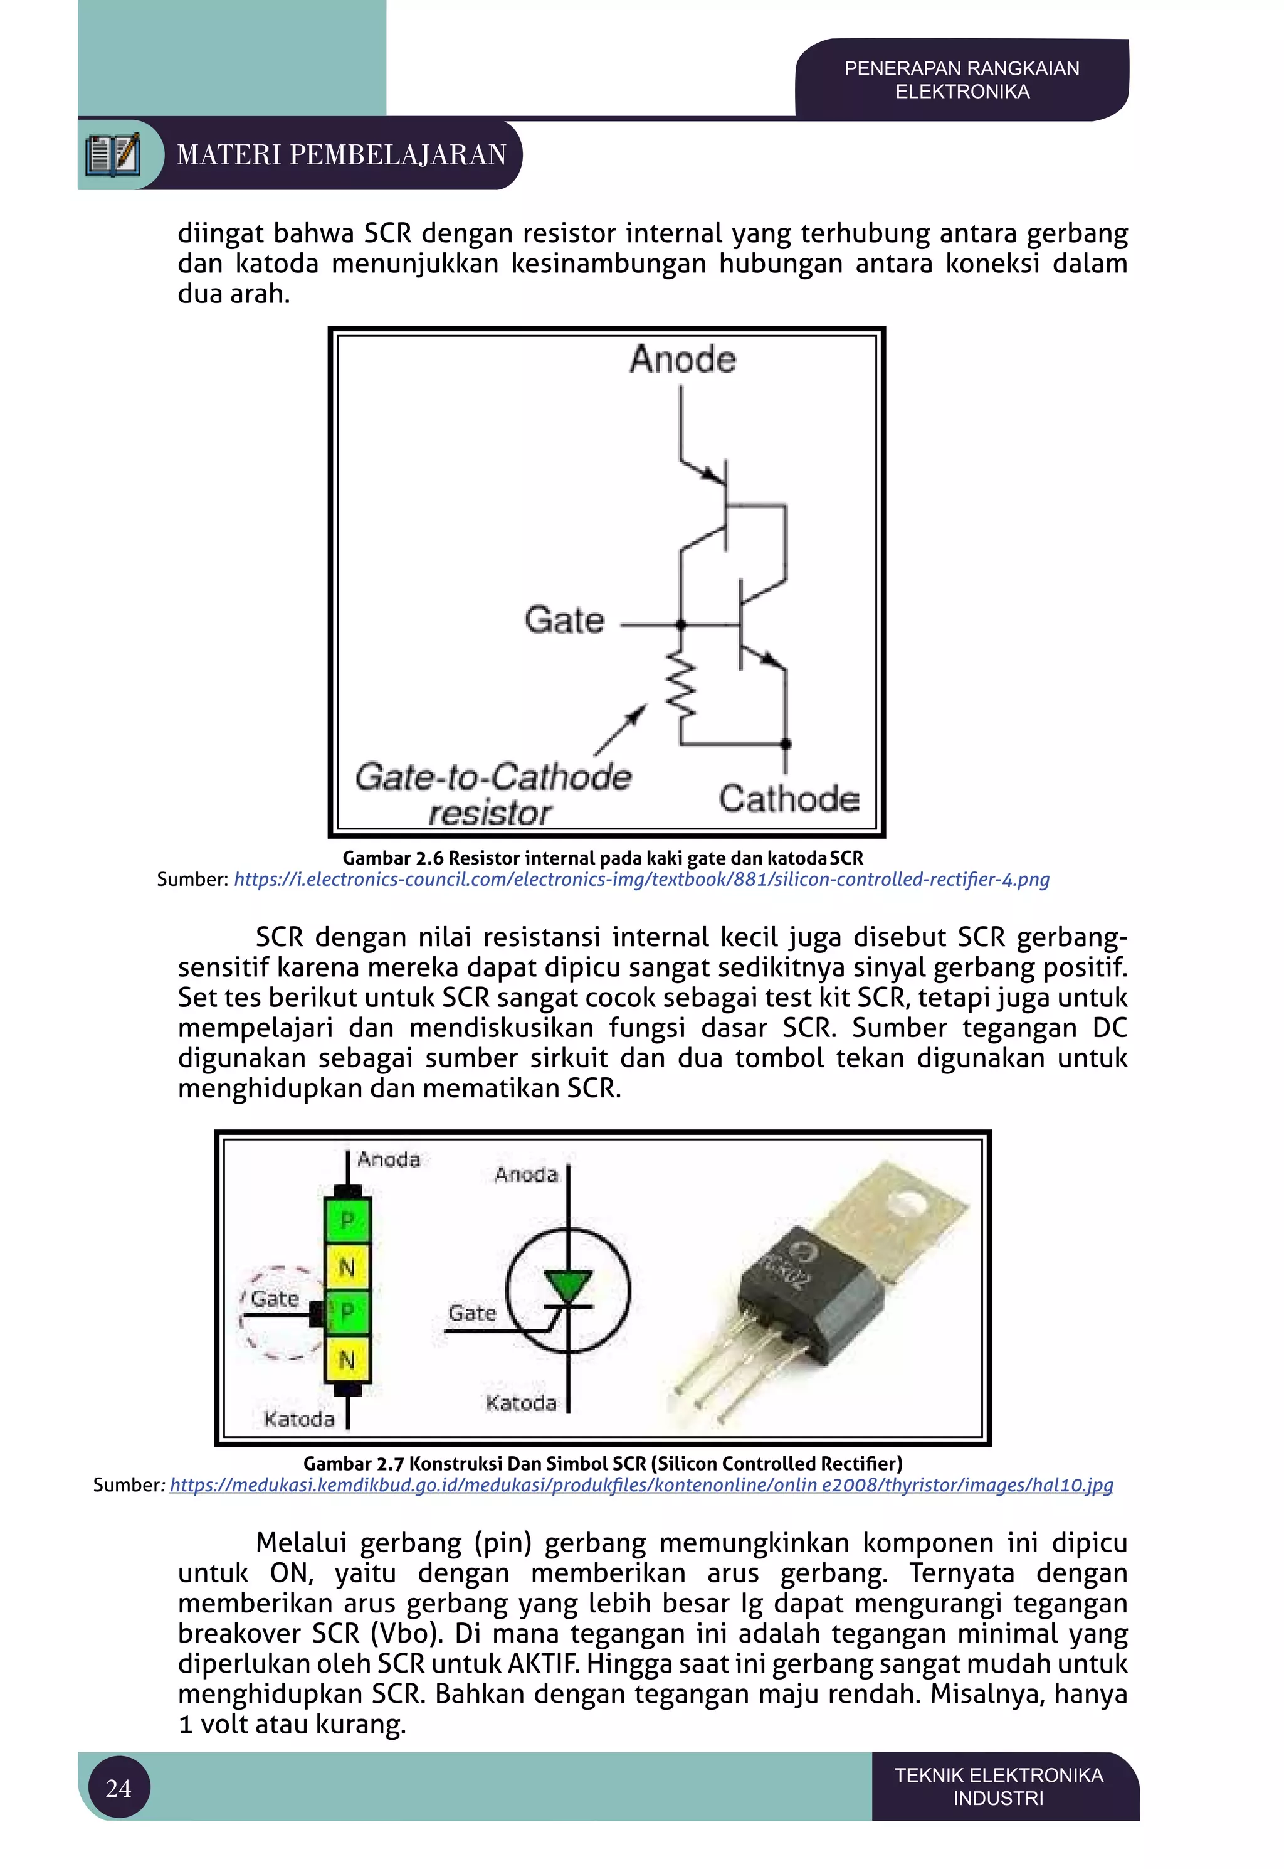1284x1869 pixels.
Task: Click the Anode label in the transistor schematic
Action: click(682, 359)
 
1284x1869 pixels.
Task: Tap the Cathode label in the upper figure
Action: click(789, 799)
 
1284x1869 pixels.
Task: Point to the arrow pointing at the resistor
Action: click(621, 729)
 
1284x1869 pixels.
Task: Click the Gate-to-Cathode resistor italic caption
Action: click(492, 794)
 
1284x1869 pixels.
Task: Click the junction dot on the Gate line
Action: click(681, 624)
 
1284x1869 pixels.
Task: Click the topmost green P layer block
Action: click(347, 1220)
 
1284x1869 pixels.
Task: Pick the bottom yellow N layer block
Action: click(347, 1360)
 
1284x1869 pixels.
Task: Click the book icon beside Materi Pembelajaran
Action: click(113, 154)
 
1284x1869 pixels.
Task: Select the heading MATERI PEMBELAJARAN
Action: click(342, 154)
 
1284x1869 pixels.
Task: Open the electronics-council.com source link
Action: click(641, 879)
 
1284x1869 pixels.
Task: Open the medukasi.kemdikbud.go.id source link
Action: click(641, 1485)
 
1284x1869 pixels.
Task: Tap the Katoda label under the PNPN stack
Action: click(298, 1419)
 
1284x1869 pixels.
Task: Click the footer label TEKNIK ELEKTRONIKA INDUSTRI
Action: click(998, 1787)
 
